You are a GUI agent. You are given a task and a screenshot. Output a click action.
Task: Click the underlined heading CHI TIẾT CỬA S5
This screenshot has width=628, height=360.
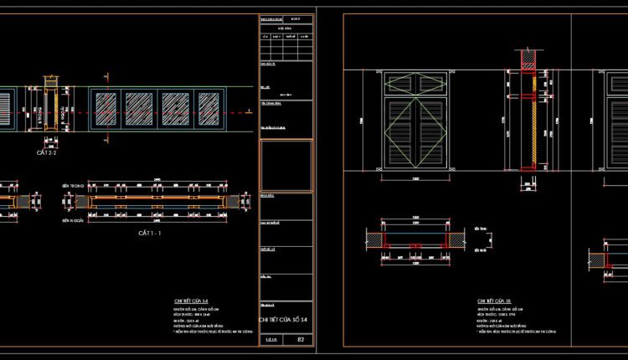pos(494,300)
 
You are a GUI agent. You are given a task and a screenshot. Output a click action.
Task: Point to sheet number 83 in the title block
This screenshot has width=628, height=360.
pos(301,340)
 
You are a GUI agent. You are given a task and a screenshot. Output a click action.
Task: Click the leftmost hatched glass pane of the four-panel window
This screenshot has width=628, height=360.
pos(106,109)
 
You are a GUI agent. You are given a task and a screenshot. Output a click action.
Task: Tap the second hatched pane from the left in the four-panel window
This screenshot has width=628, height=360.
pos(139,109)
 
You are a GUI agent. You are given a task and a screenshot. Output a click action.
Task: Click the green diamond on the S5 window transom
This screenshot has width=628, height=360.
pos(415,84)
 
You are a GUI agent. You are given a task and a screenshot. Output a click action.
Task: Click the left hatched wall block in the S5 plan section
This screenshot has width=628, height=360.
pos(377,240)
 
